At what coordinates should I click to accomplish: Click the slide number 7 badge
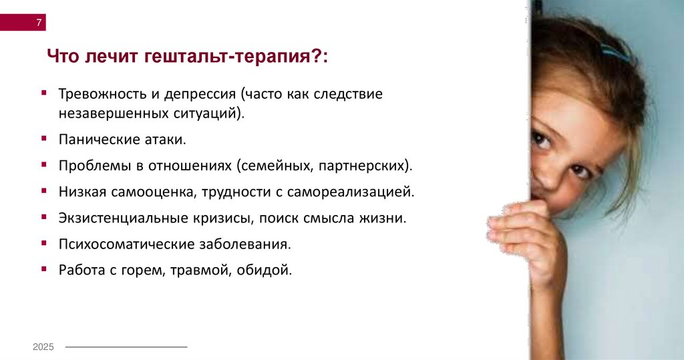point(39,23)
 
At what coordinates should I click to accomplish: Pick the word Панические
point(95,140)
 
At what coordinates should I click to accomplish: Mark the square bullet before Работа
point(43,268)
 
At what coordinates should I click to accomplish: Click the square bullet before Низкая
point(43,190)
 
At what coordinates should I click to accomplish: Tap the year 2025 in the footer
point(43,347)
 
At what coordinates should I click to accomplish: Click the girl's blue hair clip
point(614,52)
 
